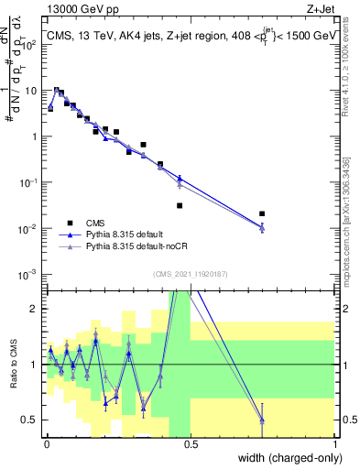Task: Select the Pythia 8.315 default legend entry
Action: [128, 234]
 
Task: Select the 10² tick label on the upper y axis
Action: [28, 44]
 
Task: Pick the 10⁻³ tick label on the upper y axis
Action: [28, 274]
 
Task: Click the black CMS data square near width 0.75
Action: [262, 214]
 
